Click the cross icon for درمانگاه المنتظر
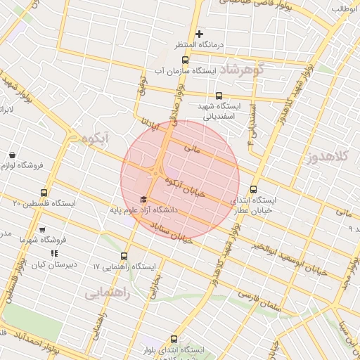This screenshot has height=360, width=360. pos(200,34)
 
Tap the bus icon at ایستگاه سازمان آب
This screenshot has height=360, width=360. pos(185,60)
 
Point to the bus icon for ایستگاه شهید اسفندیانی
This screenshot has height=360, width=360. pos(219,96)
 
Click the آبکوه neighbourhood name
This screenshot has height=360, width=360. pos(93,139)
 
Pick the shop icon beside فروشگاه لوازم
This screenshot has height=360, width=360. pos(12,155)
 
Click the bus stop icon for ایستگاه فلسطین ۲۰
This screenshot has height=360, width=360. pos(45,192)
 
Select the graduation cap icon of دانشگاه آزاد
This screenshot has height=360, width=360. pos(144,200)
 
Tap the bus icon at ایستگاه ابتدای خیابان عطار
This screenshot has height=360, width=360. pos(254,189)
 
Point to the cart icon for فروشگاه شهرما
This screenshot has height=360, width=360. pos(42,230)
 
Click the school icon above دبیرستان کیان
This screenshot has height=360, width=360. pos(54,253)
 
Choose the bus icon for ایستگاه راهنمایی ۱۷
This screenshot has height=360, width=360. pos(125,256)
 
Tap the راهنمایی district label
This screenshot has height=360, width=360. pos(107,293)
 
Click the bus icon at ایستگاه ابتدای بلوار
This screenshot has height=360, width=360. pos(174,339)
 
